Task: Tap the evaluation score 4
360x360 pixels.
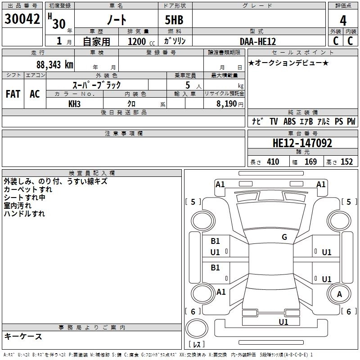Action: (x=343, y=21)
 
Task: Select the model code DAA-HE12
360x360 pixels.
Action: (x=258, y=41)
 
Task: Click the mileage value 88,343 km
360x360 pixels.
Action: (x=54, y=65)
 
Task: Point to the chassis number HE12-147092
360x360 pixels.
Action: (x=302, y=144)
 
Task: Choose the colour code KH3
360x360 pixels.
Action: (x=75, y=103)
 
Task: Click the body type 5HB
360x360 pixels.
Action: (x=174, y=21)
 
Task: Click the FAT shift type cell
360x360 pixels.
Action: (x=13, y=94)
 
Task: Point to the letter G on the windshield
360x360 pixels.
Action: (x=284, y=237)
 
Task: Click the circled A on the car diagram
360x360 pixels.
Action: (x=339, y=294)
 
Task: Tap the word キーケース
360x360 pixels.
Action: (x=23, y=337)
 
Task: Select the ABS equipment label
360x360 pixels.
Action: (x=289, y=121)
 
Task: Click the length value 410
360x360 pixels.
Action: (x=273, y=162)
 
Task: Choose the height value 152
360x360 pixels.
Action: (x=346, y=162)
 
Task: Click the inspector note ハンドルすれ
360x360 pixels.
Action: (x=24, y=214)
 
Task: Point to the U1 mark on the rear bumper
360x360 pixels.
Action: (x=283, y=322)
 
